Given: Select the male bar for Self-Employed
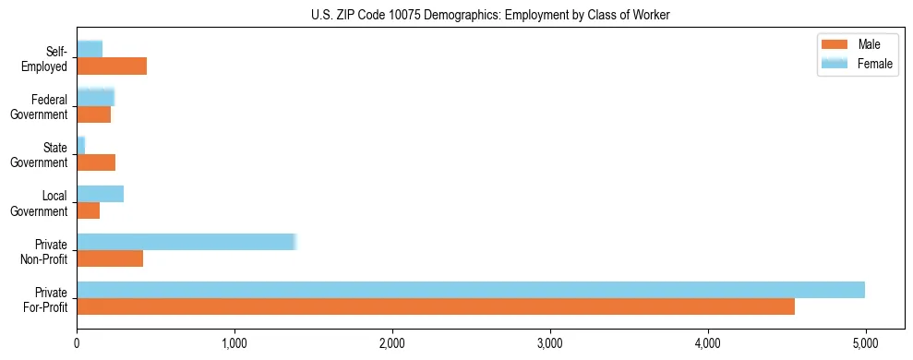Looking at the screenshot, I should pyautogui.click(x=112, y=66).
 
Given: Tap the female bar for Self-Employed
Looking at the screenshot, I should pyautogui.click(x=90, y=49).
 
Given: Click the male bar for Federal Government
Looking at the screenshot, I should pyautogui.click(x=93, y=114).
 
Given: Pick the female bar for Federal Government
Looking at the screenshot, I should pyautogui.click(x=95, y=97).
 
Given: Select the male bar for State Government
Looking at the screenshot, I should pyautogui.click(x=96, y=162).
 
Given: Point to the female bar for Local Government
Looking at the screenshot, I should pyautogui.click(x=100, y=194).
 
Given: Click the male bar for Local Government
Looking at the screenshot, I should pyautogui.click(x=88, y=210).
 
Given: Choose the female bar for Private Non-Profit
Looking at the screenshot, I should pyautogui.click(x=186, y=242).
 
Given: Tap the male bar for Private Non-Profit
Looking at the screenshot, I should pyautogui.click(x=110, y=258).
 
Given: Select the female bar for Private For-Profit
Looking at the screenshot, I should pyautogui.click(x=471, y=290).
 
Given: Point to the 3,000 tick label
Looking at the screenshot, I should pyautogui.click(x=550, y=344).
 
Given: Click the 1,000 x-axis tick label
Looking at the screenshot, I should pyautogui.click(x=234, y=344).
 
